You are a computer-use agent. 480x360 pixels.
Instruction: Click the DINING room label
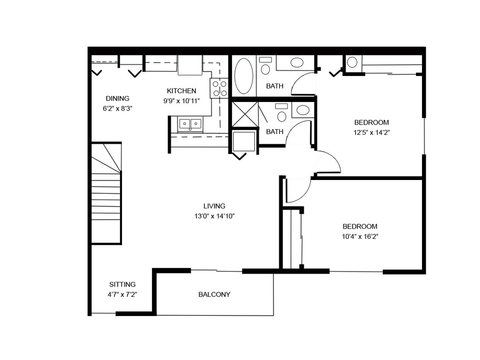point(117,99)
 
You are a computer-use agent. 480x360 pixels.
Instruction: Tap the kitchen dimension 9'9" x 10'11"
point(181,101)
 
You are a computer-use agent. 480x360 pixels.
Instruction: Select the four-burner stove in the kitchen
point(219,88)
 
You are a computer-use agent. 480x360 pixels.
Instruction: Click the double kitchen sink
point(190,124)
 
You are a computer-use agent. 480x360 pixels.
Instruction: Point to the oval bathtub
point(244,76)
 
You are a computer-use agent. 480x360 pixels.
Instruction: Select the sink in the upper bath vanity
point(297,63)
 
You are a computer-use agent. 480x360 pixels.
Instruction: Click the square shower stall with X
point(244,114)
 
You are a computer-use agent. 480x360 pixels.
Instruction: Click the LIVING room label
point(214,206)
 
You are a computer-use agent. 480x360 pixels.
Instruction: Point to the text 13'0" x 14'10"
point(214,216)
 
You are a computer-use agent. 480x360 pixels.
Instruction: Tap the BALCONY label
point(214,294)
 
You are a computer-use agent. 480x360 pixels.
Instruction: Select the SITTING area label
point(122,285)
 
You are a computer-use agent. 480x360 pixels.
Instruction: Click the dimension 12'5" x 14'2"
point(371,133)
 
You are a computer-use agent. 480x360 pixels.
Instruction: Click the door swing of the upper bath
point(303,84)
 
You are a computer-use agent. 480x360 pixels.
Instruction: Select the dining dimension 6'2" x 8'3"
point(117,109)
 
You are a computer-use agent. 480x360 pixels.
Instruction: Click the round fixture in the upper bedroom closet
point(352,63)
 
